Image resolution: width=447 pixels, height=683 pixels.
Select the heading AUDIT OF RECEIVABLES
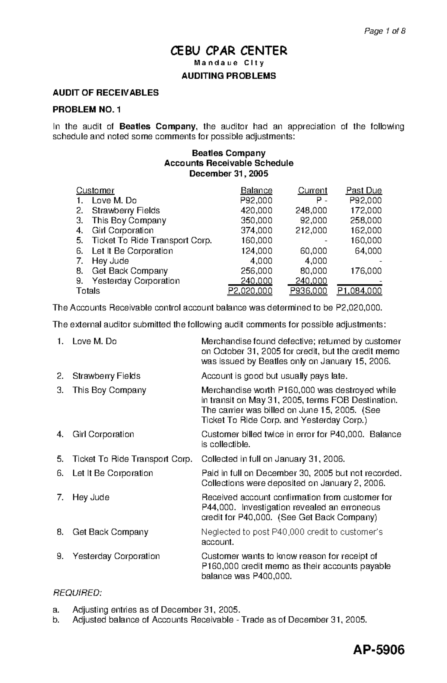pyautogui.click(x=106, y=93)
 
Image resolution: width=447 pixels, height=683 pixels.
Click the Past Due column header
pyautogui.click(x=364, y=191)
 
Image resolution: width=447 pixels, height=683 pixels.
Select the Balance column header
pyautogui.click(x=256, y=191)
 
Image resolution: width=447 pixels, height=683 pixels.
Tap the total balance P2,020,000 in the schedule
pyautogui.click(x=250, y=291)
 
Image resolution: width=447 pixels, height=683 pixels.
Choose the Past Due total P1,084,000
pyautogui.click(x=359, y=291)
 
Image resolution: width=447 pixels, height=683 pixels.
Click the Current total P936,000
pyautogui.click(x=308, y=291)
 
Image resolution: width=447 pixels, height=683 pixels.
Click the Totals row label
pyautogui.click(x=88, y=291)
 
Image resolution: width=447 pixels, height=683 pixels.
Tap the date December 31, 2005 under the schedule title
pyautogui.click(x=229, y=174)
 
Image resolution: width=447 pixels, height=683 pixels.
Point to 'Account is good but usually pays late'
pyautogui.click(x=274, y=376)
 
